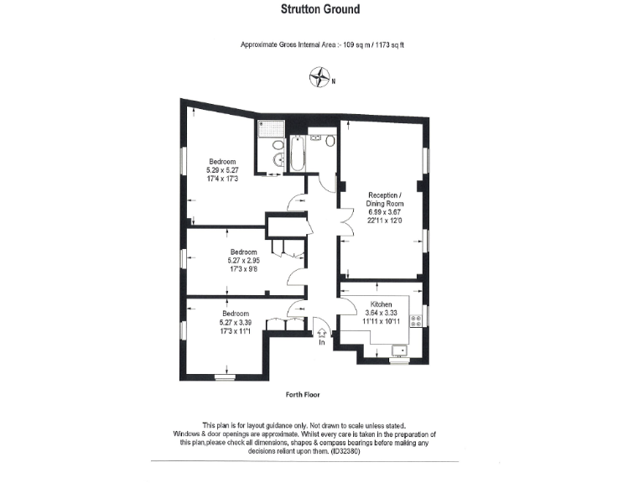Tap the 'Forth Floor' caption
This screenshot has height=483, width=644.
[x=303, y=393]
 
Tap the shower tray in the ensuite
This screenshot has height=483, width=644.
[x=272, y=129]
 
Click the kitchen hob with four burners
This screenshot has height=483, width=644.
[x=415, y=319]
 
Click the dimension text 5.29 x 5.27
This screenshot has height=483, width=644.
[x=222, y=170]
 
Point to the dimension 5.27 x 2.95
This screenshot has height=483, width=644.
[x=244, y=260]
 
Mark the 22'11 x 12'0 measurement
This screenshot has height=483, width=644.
[x=385, y=221]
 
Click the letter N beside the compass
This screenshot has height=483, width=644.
[x=333, y=81]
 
